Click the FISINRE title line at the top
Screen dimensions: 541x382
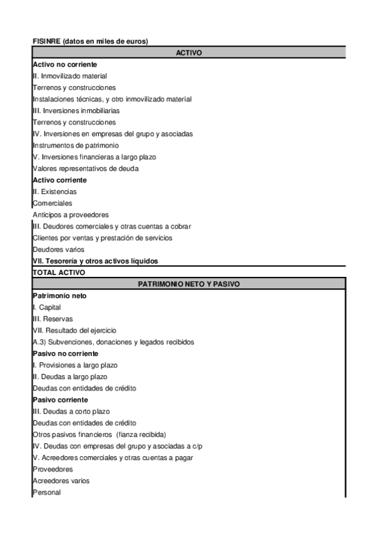90,41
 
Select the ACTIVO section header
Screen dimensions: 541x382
189,53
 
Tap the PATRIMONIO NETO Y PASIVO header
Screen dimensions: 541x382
189,284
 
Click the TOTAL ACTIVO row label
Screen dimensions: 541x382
58,272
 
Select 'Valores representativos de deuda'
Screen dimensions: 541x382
85,168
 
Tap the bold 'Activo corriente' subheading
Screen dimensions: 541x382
59,180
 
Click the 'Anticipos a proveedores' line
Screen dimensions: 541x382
71,215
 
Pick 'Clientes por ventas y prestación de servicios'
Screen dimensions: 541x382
102,238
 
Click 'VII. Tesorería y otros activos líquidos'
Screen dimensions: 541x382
95,261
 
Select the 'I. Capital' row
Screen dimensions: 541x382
47,308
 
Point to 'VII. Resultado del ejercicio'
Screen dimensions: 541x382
74,330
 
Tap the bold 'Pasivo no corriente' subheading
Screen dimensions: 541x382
65,353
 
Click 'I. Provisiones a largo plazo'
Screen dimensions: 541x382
75,365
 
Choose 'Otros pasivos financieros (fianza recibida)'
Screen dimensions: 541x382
99,434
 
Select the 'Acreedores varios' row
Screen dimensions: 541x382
61,480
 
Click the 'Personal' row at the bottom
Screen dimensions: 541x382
47,492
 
